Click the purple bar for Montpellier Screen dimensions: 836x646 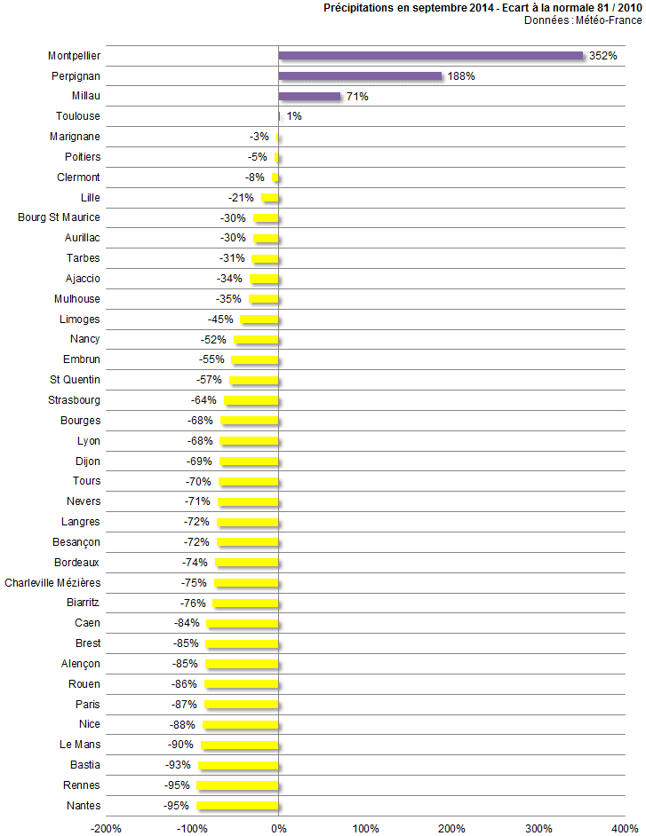pos(431,56)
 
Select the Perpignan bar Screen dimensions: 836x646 pos(360,76)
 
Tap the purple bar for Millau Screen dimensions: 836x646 pos(309,96)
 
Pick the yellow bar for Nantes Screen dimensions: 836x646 pos(238,806)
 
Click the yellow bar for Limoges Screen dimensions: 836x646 pos(259,319)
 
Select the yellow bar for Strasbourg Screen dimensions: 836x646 pos(251,400)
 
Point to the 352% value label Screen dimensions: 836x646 pos(602,56)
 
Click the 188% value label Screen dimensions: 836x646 pos(461,76)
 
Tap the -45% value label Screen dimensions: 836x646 pos(220,319)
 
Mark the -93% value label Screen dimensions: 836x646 pos(179,765)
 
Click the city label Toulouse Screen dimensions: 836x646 pos(77,116)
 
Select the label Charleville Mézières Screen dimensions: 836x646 pos(52,583)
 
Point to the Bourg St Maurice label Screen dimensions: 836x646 pos(59,217)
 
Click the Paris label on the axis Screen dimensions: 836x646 pos(87,705)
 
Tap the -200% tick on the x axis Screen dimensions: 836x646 pos(107,828)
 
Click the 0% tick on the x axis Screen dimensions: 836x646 pos(279,828)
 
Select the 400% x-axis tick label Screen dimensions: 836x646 pos(625,828)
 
